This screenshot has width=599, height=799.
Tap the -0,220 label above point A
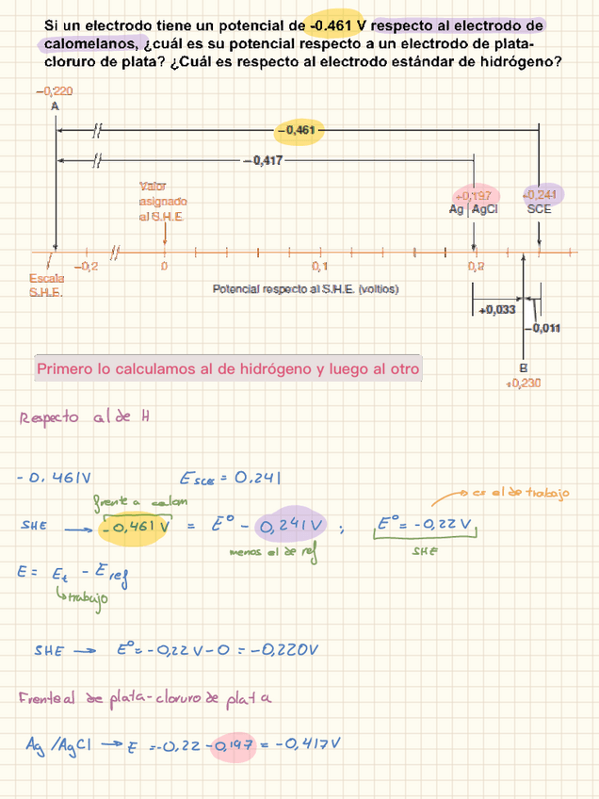[55, 91]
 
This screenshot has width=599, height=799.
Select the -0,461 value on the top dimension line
[299, 129]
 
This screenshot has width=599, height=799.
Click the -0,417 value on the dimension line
[263, 161]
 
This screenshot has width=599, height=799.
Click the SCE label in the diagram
[539, 209]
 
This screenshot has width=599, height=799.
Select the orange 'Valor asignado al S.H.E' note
[163, 201]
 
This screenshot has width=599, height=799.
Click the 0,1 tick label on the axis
[319, 267]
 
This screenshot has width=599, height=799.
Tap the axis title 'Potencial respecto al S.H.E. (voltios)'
[305, 288]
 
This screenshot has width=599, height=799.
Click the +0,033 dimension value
[497, 309]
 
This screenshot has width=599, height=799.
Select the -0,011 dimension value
[544, 328]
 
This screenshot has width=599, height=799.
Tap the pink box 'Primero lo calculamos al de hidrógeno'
[227, 368]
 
